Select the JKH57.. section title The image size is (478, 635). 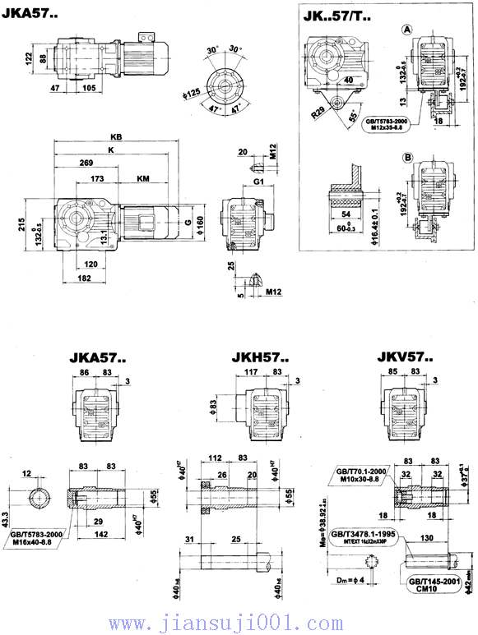coord(259,358)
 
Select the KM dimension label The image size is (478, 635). coord(142,177)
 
